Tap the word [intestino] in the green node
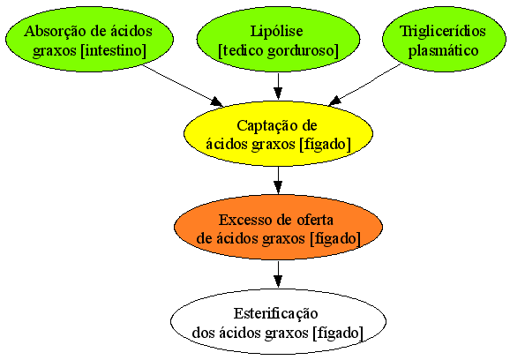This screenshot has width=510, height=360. coord(114,50)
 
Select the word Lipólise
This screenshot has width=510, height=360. coord(277,32)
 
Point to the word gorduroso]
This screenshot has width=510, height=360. coord(304,51)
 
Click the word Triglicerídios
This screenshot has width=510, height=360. coord(443,32)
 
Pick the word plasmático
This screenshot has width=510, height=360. coord(443,50)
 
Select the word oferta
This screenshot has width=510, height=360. coord(315,220)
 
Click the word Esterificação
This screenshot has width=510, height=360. coord(275,314)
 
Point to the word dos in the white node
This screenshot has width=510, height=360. coord(203,333)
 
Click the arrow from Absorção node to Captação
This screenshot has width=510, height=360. coord(183,86)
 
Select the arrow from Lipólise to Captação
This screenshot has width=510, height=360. coord(278,86)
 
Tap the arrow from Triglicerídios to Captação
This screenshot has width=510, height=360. coord(364,85)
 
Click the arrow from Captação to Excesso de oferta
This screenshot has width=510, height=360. coord(278,181)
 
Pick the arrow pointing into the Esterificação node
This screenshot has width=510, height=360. coord(278,274)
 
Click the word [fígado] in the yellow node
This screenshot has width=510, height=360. coord(325,145)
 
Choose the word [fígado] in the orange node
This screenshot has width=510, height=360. coord(334,239)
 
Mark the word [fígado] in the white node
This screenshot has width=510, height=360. coord(338,334)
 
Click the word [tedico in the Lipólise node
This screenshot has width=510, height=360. coord(241,51)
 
